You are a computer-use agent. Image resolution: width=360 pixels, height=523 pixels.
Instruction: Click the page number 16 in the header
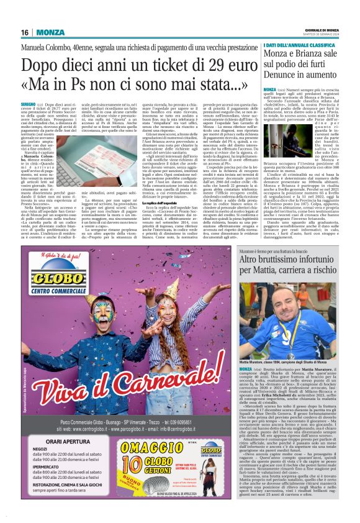coord(25,32)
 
